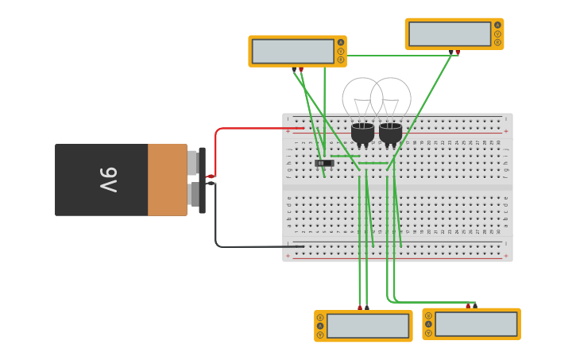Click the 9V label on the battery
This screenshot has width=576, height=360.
tap(108, 180)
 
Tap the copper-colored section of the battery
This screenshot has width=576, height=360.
tap(167, 180)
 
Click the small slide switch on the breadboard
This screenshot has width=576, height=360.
tap(324, 163)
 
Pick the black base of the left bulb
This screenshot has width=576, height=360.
tap(362, 133)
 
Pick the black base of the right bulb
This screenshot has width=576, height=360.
tap(390, 133)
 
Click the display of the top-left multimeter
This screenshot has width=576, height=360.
tap(292, 51)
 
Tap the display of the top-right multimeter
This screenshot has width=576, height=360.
tap(450, 34)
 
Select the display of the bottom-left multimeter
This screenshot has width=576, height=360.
tap(367, 325)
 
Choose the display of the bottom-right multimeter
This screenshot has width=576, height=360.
tap(476, 323)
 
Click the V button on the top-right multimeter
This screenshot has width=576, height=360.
tap(498, 33)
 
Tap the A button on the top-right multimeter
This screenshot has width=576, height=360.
tap(498, 25)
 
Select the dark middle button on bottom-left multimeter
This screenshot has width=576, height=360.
tap(320, 325)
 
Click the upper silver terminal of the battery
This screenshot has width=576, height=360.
tap(192, 163)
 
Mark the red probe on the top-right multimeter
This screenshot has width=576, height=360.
tap(458, 52)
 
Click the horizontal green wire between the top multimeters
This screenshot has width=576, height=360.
tap(397, 56)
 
